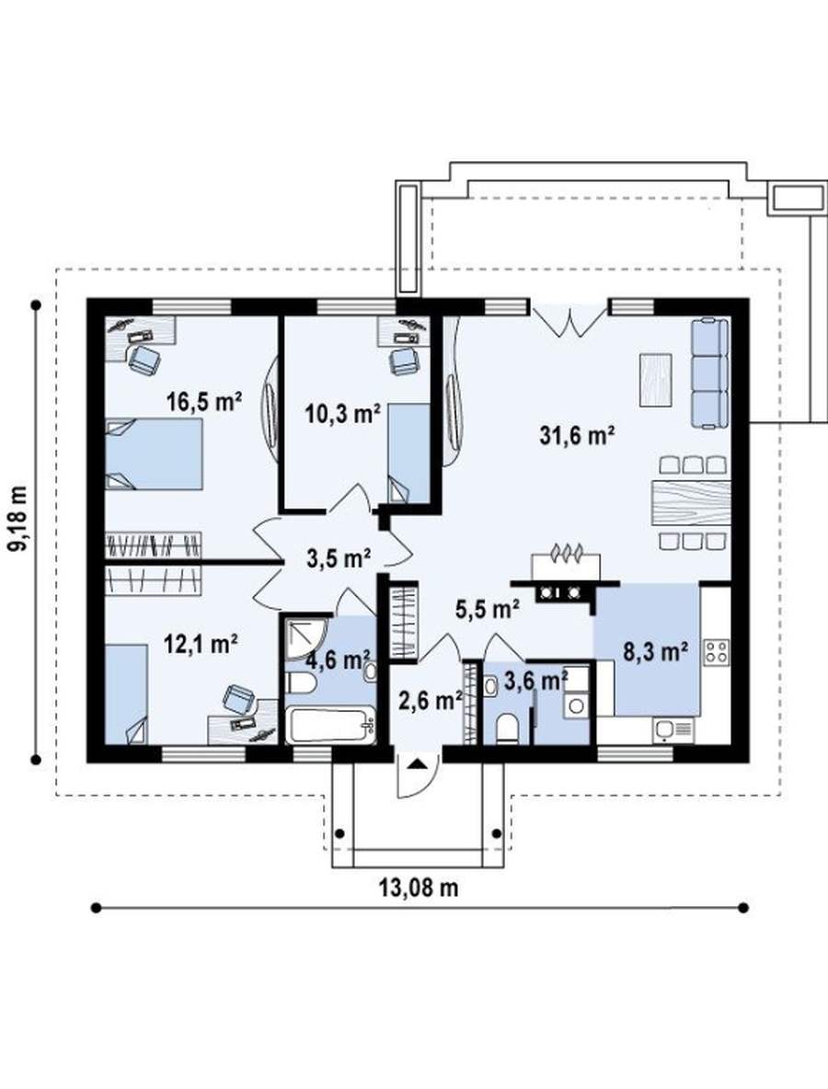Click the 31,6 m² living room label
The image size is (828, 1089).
(x=577, y=435)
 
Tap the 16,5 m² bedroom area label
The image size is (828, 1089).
(x=203, y=401)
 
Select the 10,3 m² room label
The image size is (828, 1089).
(x=342, y=414)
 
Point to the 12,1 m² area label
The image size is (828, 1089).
(x=201, y=644)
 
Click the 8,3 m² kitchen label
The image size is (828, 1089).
(x=655, y=652)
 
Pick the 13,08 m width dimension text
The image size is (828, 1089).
(x=419, y=887)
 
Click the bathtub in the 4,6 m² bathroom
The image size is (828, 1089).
(x=331, y=725)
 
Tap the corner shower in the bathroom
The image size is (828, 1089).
(x=306, y=638)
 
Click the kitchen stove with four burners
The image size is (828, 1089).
(x=716, y=651)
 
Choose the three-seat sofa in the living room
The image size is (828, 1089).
(x=710, y=373)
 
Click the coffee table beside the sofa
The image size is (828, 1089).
(x=656, y=379)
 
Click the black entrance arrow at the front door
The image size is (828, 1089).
(x=417, y=764)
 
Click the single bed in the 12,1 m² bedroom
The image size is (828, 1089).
(x=126, y=694)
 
